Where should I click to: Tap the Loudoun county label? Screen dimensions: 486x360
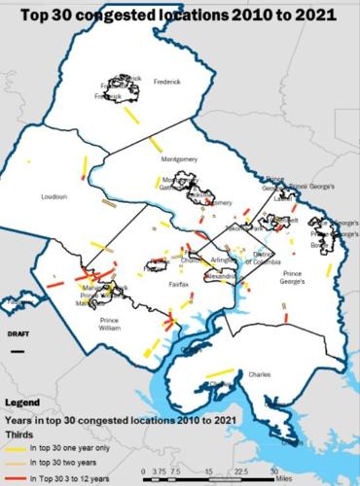tap(53, 196)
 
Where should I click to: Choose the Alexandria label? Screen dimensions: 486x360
tap(226, 276)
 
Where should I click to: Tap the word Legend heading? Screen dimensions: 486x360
tap(22, 400)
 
